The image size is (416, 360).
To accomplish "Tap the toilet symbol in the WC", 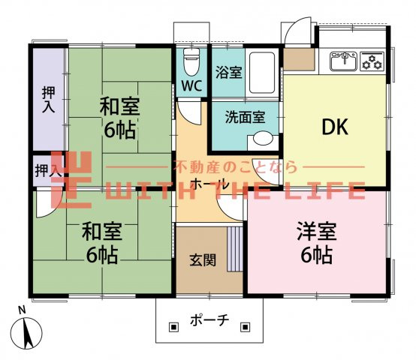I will pyautogui.click(x=191, y=58).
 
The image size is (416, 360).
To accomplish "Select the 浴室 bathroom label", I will pyautogui.click(x=230, y=73).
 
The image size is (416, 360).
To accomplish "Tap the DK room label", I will pyautogui.click(x=334, y=127).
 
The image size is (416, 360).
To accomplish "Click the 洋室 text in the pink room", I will pyautogui.click(x=314, y=229).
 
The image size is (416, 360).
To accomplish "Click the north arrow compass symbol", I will pyautogui.click(x=28, y=331).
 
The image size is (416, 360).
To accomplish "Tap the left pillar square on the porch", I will pyautogui.click(x=173, y=326).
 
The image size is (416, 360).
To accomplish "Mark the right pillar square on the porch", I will pyautogui.click(x=246, y=326).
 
